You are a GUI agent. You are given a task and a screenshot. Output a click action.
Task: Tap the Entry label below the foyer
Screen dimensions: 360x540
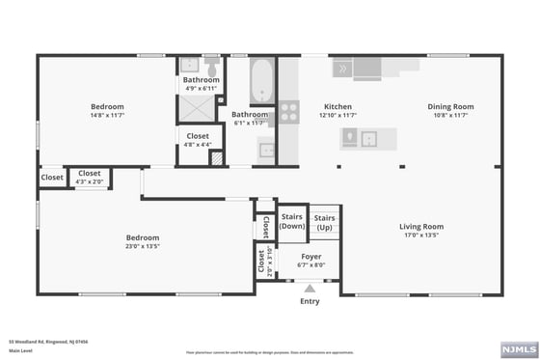pos(310,301)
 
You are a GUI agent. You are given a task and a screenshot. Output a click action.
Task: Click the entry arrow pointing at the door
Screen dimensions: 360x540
pos(310,289)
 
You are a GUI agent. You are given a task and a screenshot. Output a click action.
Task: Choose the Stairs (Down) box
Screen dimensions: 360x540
pos(291,222)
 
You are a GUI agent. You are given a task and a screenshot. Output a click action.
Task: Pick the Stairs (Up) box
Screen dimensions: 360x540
pos(324,222)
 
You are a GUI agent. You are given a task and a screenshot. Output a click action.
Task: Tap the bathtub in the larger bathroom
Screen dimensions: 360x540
pos(262,81)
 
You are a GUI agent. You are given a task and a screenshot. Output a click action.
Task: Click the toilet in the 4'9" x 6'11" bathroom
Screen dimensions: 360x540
pos(210,65)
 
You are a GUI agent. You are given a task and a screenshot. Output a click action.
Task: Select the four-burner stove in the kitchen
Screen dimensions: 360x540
pos(288,112)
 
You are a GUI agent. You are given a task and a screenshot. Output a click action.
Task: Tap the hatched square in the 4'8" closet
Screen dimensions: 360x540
pos(217,156)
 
